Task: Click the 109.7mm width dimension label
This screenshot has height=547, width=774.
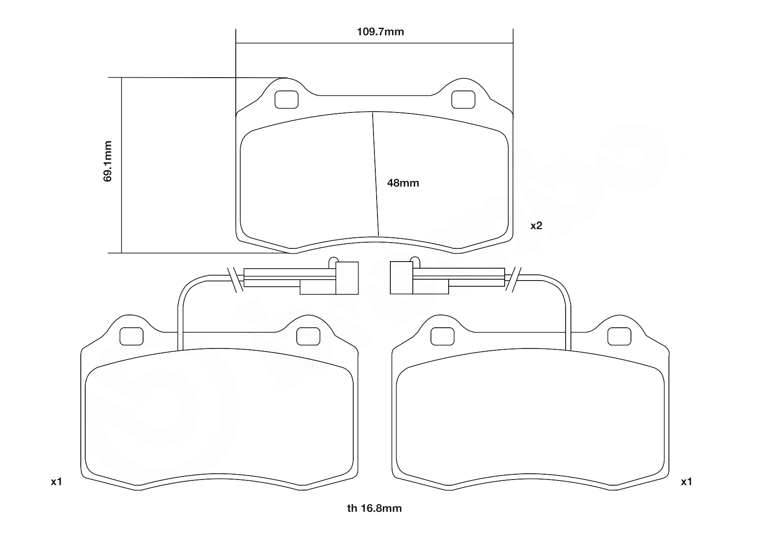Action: (380, 32)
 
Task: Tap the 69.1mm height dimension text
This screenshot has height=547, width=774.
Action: (108, 161)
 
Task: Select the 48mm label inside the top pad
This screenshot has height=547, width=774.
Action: (403, 183)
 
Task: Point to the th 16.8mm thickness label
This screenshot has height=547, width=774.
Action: (374, 508)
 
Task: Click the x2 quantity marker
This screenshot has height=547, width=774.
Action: (536, 225)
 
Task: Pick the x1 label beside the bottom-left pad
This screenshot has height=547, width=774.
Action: (56, 482)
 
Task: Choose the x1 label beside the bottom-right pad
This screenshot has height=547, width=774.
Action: (686, 482)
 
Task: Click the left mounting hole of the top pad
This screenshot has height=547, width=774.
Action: (287, 99)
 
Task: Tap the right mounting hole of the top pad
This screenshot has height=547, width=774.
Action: (463, 99)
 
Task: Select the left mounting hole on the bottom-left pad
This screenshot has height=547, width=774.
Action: (132, 337)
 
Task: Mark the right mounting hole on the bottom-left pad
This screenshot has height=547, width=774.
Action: (308, 337)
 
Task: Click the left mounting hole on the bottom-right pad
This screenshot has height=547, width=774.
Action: (442, 337)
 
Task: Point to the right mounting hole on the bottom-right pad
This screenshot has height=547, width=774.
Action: (619, 337)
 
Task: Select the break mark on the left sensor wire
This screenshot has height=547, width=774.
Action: (235, 280)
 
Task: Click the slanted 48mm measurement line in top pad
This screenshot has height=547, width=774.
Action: (376, 173)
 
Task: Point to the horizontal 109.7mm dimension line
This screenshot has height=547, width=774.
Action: (374, 43)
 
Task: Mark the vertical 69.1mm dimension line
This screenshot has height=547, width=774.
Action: (121, 165)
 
